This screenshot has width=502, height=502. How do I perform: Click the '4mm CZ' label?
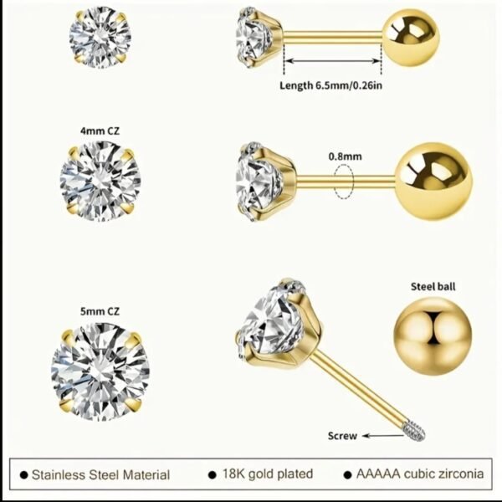click(100, 131)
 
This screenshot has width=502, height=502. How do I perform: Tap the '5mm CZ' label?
click(100, 311)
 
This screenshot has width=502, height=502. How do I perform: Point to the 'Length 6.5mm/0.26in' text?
click(331, 85)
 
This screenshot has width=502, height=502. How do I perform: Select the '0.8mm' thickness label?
click(345, 156)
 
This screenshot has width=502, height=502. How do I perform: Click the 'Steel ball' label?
click(433, 286)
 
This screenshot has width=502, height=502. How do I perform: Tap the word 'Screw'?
click(342, 436)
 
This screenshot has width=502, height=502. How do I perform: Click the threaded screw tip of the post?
click(414, 431)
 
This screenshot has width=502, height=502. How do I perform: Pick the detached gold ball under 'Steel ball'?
click(433, 336)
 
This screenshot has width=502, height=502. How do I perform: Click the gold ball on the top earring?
click(411, 38)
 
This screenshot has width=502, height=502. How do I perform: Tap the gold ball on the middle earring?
click(433, 181)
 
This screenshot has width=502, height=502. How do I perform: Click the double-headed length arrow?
click(332, 61)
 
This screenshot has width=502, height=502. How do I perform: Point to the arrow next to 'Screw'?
click(383, 435)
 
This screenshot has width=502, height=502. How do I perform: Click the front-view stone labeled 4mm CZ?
click(100, 182)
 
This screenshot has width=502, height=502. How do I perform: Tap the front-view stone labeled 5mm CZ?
click(100, 371)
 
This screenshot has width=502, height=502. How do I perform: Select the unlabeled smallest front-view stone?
click(100, 38)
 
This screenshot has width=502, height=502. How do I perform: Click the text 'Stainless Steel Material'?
click(101, 474)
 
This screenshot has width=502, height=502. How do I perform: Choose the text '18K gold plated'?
click(268, 474)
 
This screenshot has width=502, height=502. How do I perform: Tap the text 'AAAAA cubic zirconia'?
click(420, 474)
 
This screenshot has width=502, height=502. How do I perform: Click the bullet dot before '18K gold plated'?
click(212, 474)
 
